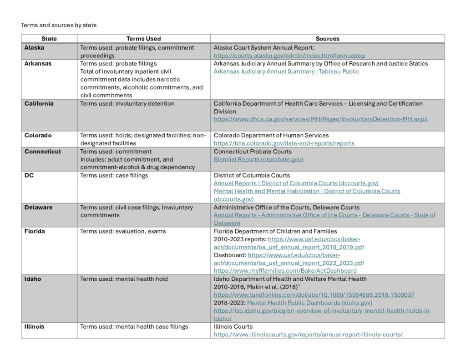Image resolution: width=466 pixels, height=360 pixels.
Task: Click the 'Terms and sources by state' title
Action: pyautogui.click(x=59, y=25)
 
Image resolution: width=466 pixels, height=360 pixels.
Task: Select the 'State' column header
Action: pyautogui.click(x=49, y=39)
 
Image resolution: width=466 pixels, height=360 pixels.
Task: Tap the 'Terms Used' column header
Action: pyautogui.click(x=143, y=39)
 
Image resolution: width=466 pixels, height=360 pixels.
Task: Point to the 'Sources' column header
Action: pyautogui.click(x=327, y=39)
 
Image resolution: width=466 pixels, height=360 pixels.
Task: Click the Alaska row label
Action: pyautogui.click(x=35, y=47)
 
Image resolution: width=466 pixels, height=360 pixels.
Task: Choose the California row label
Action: pyautogui.click(x=39, y=103)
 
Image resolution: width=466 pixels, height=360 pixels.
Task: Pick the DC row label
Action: pyautogui.click(x=29, y=175)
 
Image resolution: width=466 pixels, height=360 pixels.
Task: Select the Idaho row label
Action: pyautogui.click(x=33, y=279)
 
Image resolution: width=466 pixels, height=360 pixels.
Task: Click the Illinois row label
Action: pyautogui.click(x=35, y=326)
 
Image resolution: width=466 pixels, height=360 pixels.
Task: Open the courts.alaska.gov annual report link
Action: pyautogui.click(x=289, y=56)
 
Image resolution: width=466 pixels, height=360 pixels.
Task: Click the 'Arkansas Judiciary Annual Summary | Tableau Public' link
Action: pyautogui.click(x=286, y=71)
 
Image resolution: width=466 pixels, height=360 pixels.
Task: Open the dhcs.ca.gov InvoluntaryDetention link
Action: pyautogui.click(x=320, y=119)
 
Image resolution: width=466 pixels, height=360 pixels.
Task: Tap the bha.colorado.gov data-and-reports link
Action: pyautogui.click(x=284, y=143)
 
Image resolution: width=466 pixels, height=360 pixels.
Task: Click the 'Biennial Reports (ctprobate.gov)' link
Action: pyautogui.click(x=258, y=159)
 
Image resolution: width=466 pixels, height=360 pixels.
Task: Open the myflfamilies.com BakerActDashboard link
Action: pyautogui.click(x=285, y=271)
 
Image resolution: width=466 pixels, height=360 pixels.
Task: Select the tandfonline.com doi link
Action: pyautogui.click(x=314, y=295)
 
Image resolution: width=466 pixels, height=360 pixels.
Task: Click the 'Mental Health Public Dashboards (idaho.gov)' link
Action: pyautogui.click(x=309, y=303)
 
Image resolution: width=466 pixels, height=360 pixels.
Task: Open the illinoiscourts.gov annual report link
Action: pyautogui.click(x=308, y=335)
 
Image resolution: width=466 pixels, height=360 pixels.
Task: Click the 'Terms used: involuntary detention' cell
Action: pyautogui.click(x=127, y=103)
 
